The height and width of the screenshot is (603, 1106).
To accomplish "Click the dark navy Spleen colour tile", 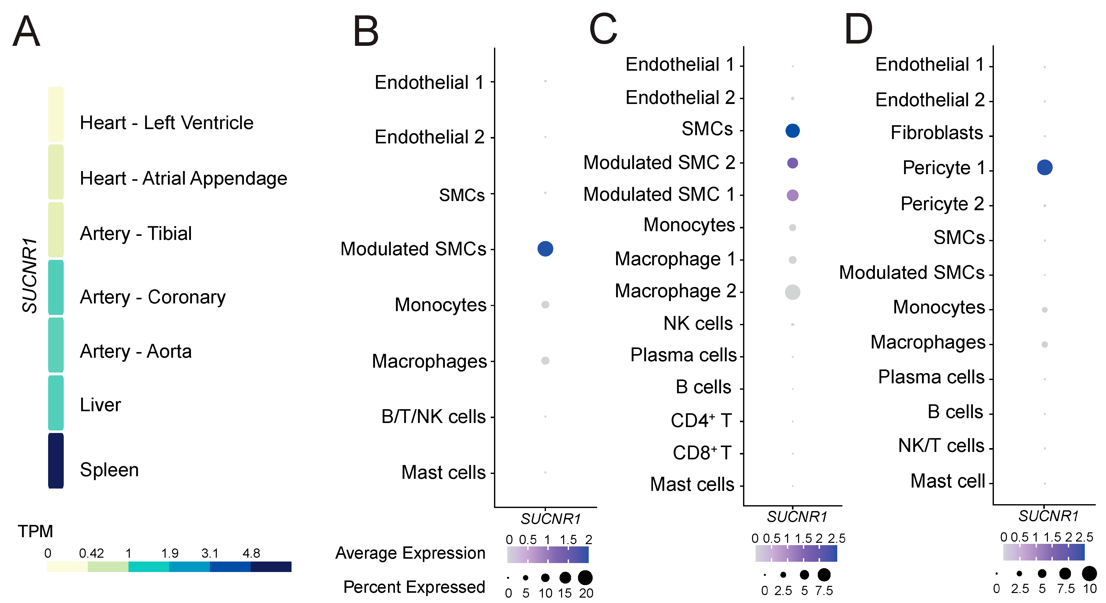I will pyautogui.click(x=56, y=460).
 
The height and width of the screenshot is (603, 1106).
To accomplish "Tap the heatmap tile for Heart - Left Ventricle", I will pyautogui.click(x=56, y=114).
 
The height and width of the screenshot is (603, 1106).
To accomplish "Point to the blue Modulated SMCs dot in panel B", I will pyautogui.click(x=545, y=249).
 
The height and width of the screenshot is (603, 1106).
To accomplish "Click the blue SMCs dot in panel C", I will pyautogui.click(x=792, y=131).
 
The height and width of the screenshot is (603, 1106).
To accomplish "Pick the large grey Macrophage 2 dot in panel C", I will pyautogui.click(x=792, y=292).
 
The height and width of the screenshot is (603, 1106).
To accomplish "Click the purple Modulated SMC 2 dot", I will pyautogui.click(x=792, y=163).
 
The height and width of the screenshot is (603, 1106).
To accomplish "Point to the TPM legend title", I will pyautogui.click(x=35, y=531).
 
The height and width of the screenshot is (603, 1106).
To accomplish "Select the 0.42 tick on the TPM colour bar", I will pyautogui.click(x=91, y=553).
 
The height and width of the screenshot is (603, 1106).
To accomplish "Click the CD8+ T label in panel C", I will pyautogui.click(x=702, y=453).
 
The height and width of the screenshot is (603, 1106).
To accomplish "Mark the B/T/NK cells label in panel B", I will pyautogui.click(x=433, y=417).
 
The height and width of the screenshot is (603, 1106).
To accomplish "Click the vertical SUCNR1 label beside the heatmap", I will pyautogui.click(x=30, y=275).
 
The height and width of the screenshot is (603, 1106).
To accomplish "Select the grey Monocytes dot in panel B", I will pyautogui.click(x=545, y=304).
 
